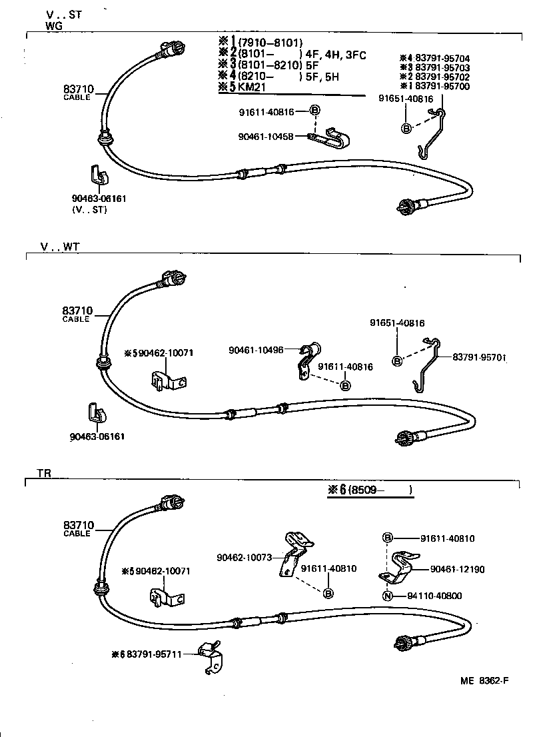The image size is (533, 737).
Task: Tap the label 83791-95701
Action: click(480, 358)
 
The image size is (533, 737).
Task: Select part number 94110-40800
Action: click(437, 596)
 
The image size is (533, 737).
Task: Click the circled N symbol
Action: click(387, 596)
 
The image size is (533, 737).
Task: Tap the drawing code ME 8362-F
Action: click(484, 680)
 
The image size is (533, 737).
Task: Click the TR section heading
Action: click(44, 473)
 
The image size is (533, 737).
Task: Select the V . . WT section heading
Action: click(59, 247)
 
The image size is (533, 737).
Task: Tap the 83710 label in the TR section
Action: click(78, 525)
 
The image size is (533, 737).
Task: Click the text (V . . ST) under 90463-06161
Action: click(89, 209)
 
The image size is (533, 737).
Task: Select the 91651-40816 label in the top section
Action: click(406, 99)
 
